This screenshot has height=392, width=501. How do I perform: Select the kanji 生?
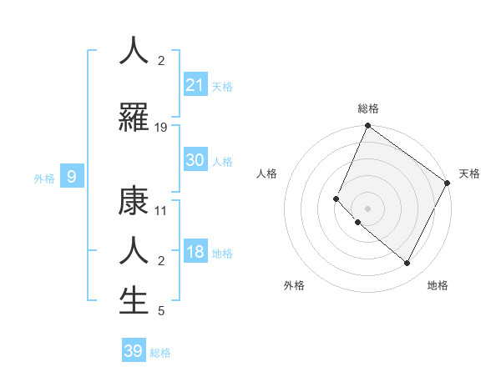coord(134,300)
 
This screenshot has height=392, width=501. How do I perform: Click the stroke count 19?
coord(161,128)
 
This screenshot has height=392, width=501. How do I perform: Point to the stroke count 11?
coord(161,211)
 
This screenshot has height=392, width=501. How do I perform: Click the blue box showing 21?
coord(195,84)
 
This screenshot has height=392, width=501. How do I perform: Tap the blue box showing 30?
coord(195,160)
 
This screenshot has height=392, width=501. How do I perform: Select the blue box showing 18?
coord(195,253)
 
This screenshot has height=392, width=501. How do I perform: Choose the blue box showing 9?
coord(72,176)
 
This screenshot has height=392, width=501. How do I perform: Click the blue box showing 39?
coord(134,351)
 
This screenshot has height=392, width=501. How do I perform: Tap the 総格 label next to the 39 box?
coord(160,353)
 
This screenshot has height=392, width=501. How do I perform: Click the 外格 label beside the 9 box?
coord(44,178)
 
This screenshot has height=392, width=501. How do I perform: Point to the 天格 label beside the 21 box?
coord(222,86)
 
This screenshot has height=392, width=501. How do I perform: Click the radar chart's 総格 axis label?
coord(367,108)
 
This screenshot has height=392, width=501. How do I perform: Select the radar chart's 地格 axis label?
coord(438,285)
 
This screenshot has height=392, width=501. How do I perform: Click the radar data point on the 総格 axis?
coord(367,126)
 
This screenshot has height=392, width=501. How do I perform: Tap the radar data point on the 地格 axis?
coord(407,263)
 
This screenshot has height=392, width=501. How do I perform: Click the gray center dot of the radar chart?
coord(367,208)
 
